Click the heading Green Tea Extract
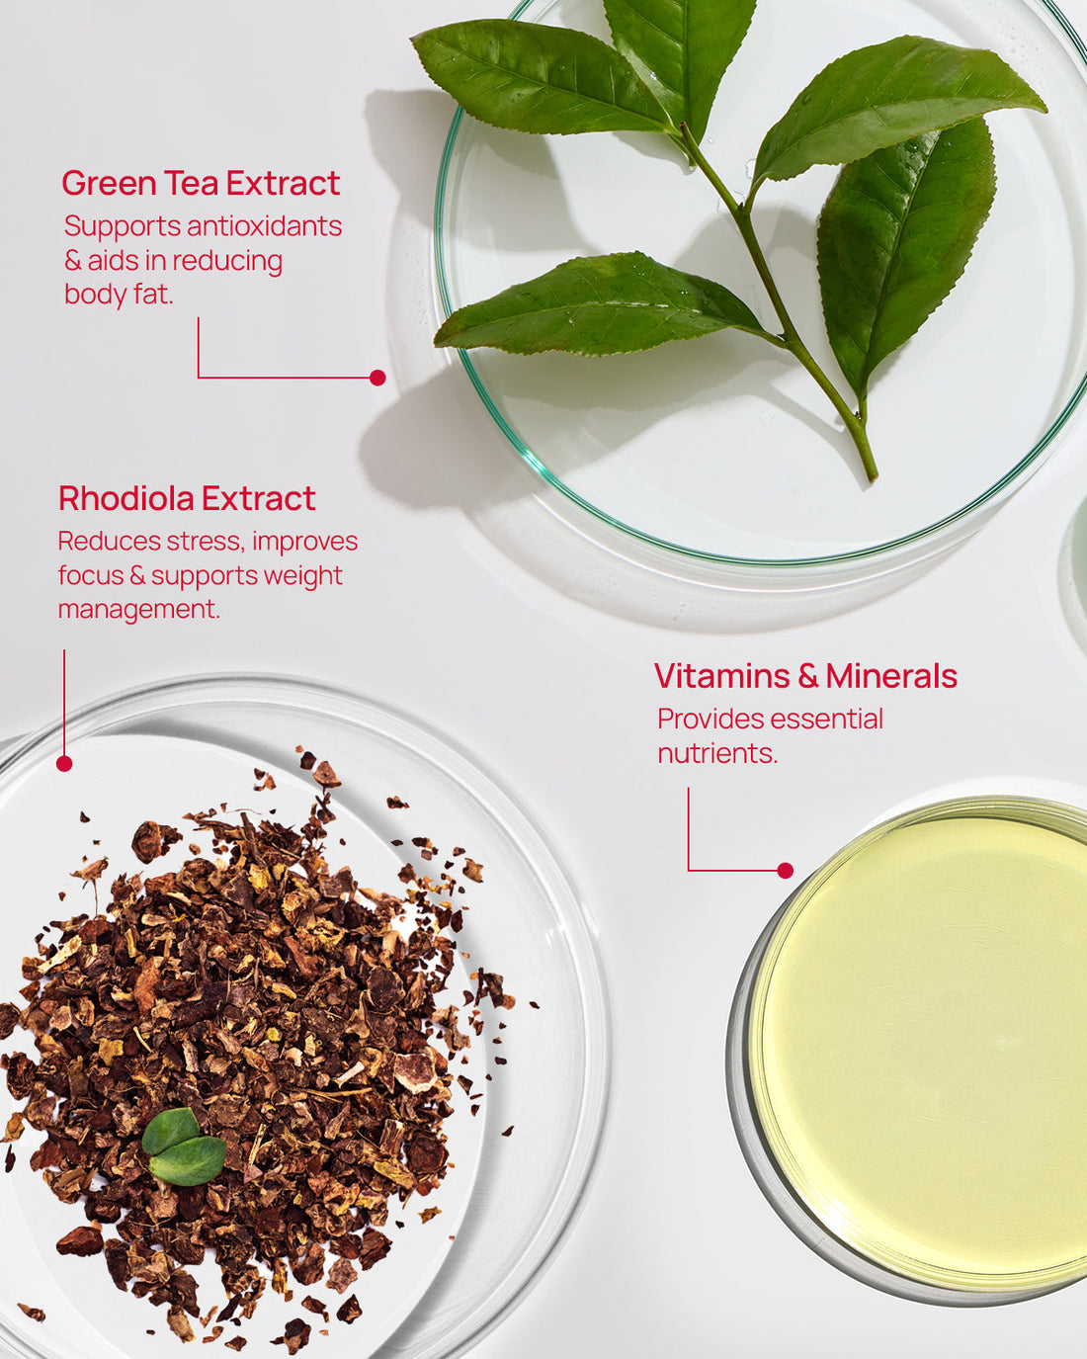pos(201,183)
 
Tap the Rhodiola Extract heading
pos(187,498)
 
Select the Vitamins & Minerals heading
pos(805,676)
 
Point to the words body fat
pos(119,295)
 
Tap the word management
pos(139,610)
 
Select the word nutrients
pos(717,753)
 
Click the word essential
pos(826,720)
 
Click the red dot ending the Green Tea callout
pos(377,378)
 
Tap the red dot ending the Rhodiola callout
pos(64,764)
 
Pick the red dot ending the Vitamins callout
pos(785,871)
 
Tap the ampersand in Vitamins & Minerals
pos(808,676)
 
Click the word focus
pos(90,576)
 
